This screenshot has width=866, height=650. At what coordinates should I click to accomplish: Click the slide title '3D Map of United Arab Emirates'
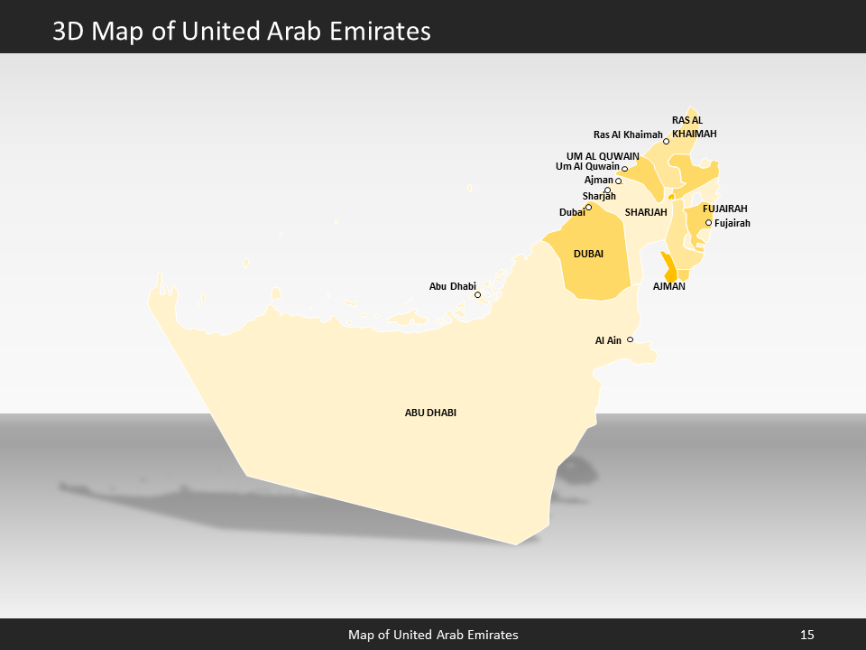(242, 32)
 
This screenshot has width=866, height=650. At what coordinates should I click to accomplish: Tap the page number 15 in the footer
(806, 635)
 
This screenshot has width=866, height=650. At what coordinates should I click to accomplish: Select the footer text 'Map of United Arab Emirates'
(433, 635)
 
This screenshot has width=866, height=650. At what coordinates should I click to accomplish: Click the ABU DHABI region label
(430, 413)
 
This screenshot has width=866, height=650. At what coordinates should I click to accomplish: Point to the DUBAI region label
(588, 255)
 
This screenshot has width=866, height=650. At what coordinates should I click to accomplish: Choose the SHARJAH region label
(646, 212)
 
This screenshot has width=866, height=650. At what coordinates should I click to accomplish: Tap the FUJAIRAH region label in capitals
(724, 209)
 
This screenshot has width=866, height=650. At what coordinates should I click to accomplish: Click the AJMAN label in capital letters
(669, 286)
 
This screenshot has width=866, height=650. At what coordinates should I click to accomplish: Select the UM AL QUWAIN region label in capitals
(603, 155)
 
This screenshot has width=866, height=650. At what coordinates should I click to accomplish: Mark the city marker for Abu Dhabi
(477, 295)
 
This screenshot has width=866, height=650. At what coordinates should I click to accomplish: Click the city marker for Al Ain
(630, 339)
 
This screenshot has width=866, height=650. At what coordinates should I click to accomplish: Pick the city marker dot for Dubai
(588, 207)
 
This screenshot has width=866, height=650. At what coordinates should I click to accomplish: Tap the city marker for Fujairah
(708, 223)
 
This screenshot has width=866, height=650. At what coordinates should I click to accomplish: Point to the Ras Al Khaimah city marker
(666, 142)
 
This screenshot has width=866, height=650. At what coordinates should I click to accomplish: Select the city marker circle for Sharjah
(607, 190)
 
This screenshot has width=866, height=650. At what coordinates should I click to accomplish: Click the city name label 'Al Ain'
(608, 340)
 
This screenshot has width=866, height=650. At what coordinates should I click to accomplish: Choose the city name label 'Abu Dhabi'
(452, 286)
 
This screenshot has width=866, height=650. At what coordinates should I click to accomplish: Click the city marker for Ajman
(618, 181)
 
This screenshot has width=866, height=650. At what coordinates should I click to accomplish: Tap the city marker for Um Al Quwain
(624, 169)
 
